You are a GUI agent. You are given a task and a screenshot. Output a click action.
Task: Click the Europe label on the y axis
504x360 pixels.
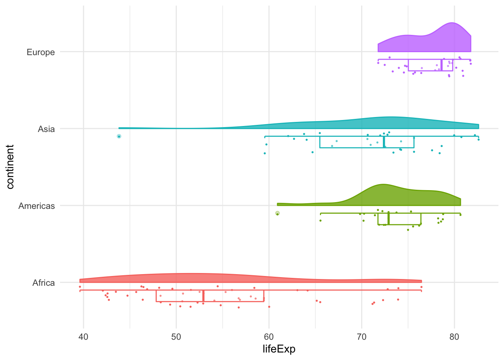coord(40,52)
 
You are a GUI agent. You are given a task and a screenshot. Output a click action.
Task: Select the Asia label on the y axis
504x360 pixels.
coord(46,129)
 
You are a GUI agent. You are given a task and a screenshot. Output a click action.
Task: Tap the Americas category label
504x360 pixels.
coord(36,206)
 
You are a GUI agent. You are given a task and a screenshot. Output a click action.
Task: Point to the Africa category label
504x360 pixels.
coord(43,283)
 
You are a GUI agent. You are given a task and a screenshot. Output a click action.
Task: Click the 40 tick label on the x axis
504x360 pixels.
coord(83,337)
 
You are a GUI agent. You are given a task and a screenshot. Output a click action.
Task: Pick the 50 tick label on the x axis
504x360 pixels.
coord(176,337)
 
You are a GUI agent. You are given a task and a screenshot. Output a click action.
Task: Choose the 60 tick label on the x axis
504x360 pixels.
coord(269,337)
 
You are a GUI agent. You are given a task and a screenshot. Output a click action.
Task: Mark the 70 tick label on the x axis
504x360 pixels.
coord(361,337)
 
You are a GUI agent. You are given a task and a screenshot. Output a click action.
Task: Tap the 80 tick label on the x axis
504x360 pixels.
coord(454,337)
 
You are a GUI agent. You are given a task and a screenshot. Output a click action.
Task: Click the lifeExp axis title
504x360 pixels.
coord(279,349)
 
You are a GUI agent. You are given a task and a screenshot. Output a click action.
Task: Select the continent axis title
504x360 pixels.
coord(10,167)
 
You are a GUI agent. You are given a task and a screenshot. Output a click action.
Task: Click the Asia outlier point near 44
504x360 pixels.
coord(119,136)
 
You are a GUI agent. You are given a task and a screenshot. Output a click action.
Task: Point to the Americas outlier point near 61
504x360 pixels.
coord(277,213)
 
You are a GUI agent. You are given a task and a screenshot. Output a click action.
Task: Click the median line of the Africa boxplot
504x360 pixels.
coord(203,296)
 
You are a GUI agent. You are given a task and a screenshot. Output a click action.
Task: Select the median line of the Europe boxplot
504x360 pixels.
coord(441,65)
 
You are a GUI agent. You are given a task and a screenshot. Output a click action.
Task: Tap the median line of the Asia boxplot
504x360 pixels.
coord(384,142)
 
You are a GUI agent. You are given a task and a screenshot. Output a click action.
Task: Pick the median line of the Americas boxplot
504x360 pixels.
coord(388,219)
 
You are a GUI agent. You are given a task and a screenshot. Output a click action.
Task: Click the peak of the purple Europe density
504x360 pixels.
coord(452,23)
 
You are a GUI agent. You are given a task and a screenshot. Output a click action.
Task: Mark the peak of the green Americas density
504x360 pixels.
coord(383,184)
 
